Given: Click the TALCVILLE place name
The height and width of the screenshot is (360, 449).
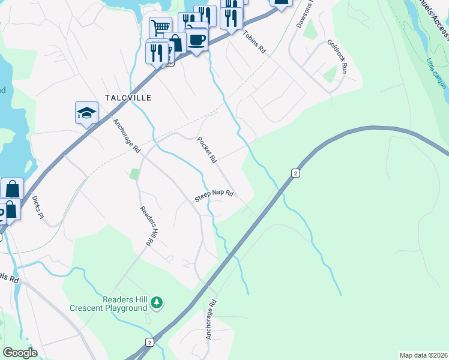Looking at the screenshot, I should pyautogui.click(x=127, y=97).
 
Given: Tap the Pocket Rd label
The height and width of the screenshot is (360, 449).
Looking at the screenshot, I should pyautogui.click(x=206, y=150).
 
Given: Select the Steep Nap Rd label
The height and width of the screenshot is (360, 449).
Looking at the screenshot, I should pyautogui.click(x=213, y=196).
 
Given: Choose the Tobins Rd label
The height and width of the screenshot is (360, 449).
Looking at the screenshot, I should pyautogui.click(x=254, y=42).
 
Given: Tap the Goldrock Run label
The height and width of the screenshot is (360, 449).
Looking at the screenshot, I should pyautogui.click(x=337, y=56).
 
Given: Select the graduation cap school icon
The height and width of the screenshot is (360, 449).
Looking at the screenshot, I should pyautogui.click(x=86, y=112).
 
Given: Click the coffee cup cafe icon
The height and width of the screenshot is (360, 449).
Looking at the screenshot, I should pyautogui.click(x=196, y=40).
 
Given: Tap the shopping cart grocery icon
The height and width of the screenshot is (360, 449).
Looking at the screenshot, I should pyautogui.click(x=160, y=28).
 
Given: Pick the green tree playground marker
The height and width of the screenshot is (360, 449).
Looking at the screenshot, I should pyautogui.click(x=157, y=302).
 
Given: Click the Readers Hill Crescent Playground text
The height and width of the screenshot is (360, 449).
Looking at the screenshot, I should pyautogui.click(x=108, y=304).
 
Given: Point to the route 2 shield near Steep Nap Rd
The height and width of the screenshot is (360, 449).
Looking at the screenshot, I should pyautogui.click(x=294, y=173).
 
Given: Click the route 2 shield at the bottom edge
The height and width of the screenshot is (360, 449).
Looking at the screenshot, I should pyautogui.click(x=149, y=342).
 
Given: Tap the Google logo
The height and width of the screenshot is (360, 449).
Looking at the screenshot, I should pyautogui.click(x=20, y=353).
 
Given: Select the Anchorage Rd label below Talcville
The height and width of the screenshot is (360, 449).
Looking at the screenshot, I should pyautogui.click(x=126, y=136).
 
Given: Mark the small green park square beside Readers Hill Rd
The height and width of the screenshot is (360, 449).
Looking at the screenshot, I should pyautogui.click(x=134, y=174).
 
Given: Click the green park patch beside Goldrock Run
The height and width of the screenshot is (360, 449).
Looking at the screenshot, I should pyautogui.click(x=330, y=74).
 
